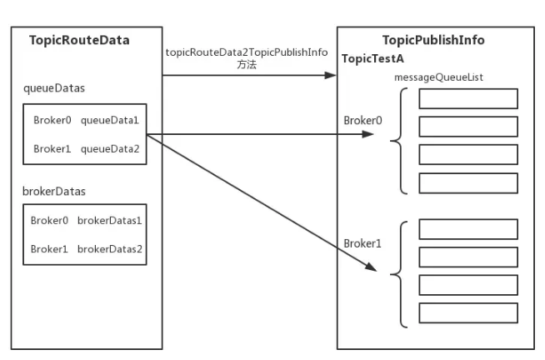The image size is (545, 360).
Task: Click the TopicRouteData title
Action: [x=79, y=40]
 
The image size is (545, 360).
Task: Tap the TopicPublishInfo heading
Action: [x=433, y=40]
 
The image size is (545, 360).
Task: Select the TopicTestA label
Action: [x=372, y=58]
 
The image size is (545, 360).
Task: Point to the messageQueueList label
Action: [x=438, y=77]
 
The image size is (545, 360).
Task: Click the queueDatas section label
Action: [x=54, y=88]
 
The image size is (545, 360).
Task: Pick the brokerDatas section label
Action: [x=54, y=191]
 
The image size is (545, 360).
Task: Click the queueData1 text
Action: [x=110, y=120]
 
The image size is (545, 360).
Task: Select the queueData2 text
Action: [x=110, y=149]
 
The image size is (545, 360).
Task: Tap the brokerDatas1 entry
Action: [x=109, y=221]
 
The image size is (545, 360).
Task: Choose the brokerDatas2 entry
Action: [x=109, y=249]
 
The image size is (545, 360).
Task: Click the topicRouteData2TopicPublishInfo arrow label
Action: [x=247, y=52]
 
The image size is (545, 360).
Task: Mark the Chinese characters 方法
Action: [x=247, y=65]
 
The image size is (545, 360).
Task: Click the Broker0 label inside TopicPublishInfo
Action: [x=362, y=121]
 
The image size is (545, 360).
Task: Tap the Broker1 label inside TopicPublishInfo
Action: [x=362, y=243]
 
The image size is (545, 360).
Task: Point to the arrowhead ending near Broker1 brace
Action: [x=371, y=266]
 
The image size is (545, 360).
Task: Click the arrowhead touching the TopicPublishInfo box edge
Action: [x=330, y=75]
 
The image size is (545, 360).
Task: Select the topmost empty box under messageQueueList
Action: [x=468, y=98]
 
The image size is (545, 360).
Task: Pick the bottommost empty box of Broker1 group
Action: [x=468, y=313]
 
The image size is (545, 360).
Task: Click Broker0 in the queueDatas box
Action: [x=52, y=120]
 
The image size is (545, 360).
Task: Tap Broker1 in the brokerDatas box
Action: [x=49, y=249]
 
